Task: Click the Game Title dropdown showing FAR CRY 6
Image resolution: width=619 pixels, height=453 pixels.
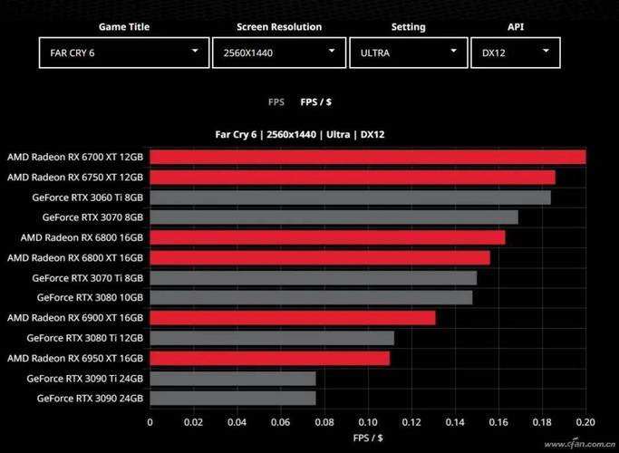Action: pos(124,53)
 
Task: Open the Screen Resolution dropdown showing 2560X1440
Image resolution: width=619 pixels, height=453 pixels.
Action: pos(278,53)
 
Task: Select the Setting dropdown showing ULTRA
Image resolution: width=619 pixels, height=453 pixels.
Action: pos(408,53)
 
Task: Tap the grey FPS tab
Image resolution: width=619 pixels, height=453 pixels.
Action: pos(276,102)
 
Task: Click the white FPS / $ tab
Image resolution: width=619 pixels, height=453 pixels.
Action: pos(316,102)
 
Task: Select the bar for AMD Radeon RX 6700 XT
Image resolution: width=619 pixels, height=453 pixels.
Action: pos(367,157)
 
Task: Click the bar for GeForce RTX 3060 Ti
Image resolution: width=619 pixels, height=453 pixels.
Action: pos(350,197)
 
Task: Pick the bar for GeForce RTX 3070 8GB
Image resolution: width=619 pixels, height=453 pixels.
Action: pos(334,217)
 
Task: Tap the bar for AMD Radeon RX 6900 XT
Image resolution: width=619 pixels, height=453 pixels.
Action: pos(292,317)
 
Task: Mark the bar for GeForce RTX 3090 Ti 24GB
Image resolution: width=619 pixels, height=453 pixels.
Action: pos(232,378)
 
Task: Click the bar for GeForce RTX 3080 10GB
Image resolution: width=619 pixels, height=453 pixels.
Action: pos(311,297)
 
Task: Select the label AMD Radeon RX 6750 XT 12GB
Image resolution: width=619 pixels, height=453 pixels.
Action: pos(75,177)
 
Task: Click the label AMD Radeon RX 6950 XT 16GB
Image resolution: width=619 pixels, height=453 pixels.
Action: pos(75,358)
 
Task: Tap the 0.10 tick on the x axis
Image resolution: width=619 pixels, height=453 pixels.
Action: pos(367,422)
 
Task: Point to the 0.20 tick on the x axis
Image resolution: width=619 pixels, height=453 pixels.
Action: pos(585,422)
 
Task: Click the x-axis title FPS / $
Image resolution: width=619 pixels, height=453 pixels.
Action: pos(367,438)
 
